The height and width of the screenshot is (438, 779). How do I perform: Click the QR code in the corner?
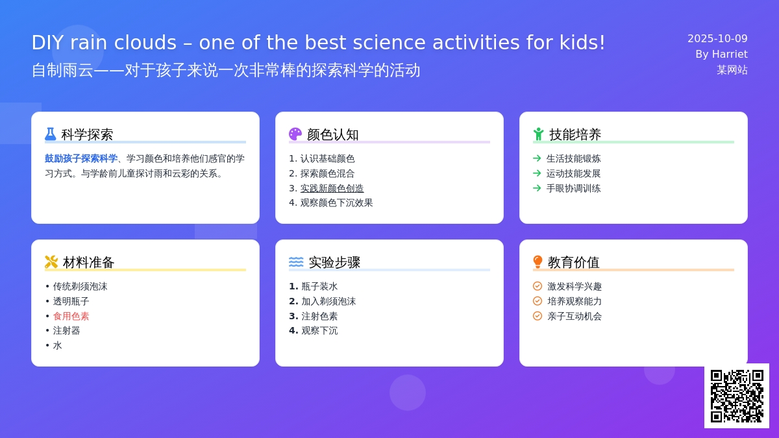click(x=737, y=396)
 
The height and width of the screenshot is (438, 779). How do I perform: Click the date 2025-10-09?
click(x=717, y=38)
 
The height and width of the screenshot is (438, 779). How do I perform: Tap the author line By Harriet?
click(x=721, y=55)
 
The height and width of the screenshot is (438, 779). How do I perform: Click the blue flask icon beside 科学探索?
click(x=51, y=134)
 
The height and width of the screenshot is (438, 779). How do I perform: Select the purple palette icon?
click(x=295, y=134)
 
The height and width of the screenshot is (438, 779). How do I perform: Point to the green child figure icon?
click(x=538, y=134)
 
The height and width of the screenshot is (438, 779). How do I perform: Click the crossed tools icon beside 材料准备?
click(x=51, y=262)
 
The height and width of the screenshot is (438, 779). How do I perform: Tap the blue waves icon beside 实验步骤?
click(x=296, y=262)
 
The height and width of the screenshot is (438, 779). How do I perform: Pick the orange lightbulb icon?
click(x=538, y=262)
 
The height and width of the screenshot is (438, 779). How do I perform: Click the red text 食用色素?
click(x=71, y=317)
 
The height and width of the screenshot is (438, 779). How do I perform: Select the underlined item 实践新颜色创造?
click(x=332, y=188)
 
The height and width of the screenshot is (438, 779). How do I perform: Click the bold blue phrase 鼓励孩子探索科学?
click(x=81, y=159)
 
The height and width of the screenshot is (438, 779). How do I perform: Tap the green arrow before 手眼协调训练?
click(x=537, y=188)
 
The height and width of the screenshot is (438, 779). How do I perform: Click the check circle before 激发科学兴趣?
click(x=538, y=286)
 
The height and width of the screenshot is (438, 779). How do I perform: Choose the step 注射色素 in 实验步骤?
click(x=319, y=317)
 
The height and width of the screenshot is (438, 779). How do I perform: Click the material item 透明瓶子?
click(x=71, y=301)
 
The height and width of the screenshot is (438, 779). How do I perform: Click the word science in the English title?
click(x=389, y=43)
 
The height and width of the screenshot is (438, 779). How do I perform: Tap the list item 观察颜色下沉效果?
click(x=337, y=203)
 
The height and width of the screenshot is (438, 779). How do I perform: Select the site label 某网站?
click(x=732, y=70)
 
